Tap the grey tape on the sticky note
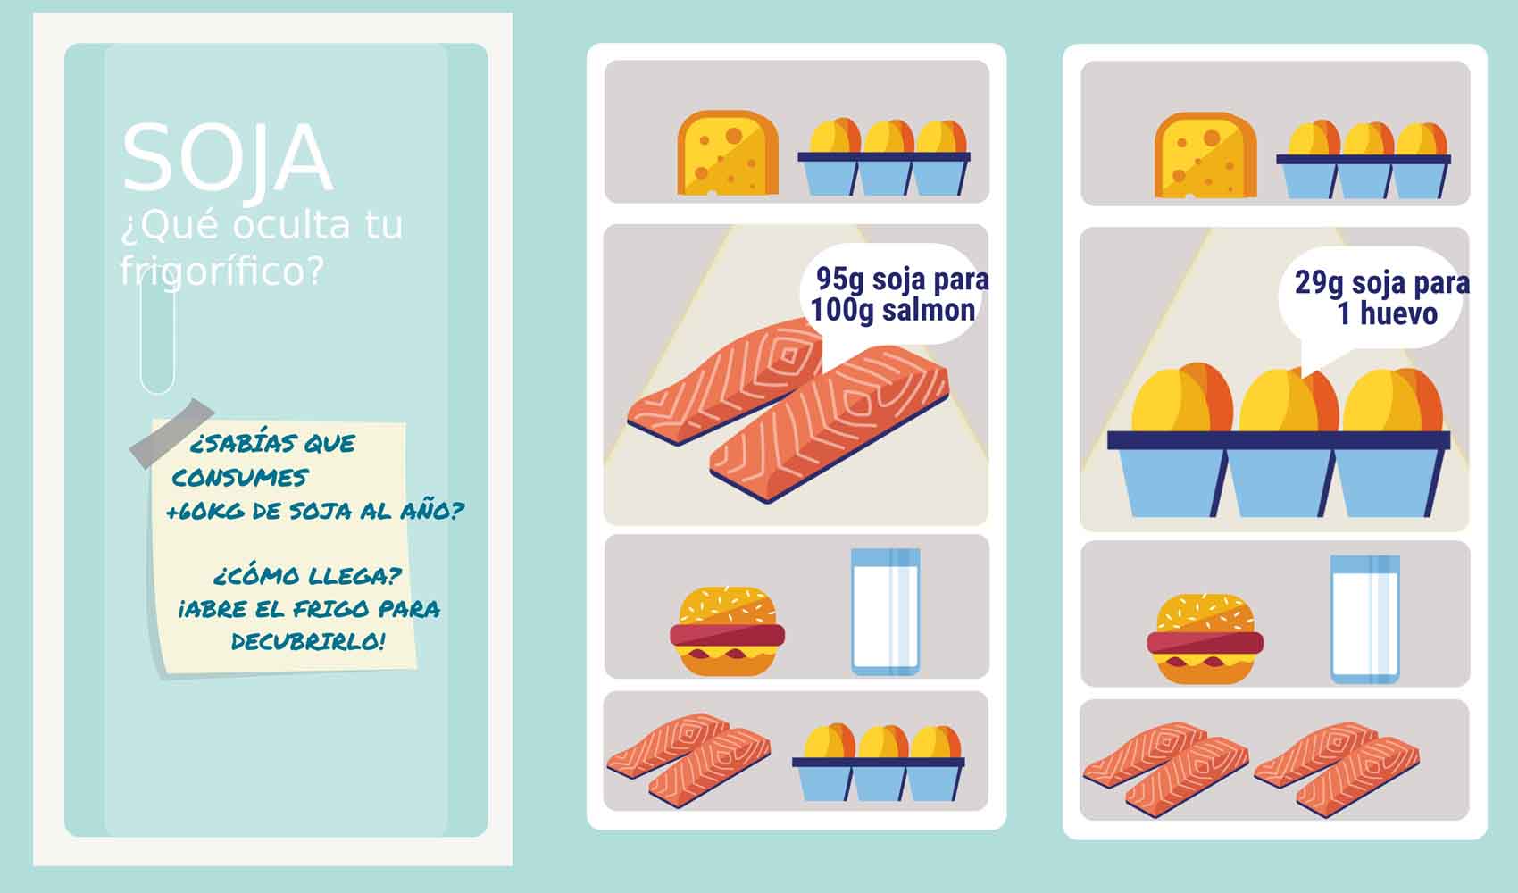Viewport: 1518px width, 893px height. (x=172, y=434)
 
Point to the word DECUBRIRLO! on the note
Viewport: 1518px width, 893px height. (x=308, y=641)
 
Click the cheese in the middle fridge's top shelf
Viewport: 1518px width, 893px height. (x=728, y=153)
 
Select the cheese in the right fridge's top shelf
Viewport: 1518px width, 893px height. (x=1205, y=155)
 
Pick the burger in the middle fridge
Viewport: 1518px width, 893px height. (x=727, y=630)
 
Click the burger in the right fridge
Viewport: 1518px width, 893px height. (x=1205, y=638)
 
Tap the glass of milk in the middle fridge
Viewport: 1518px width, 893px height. (x=885, y=612)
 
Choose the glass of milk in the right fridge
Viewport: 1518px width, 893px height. (x=1364, y=619)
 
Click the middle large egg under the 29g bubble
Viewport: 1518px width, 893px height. (x=1289, y=401)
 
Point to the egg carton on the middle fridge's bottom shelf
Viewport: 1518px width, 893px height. (x=879, y=763)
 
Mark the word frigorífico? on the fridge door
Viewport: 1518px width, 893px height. (x=222, y=271)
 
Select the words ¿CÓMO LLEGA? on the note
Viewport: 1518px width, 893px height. (x=307, y=576)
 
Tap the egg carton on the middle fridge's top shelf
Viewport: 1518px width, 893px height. (x=884, y=157)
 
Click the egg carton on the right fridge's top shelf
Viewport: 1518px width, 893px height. (x=1364, y=160)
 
